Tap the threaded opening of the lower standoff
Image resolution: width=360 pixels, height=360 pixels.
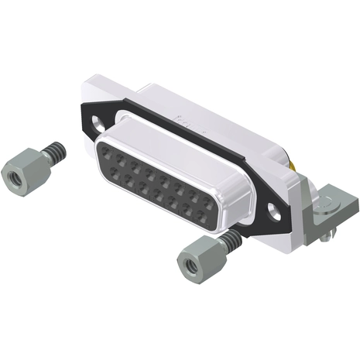pyautogui.click(x=190, y=269)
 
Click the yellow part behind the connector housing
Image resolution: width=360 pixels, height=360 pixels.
pyautogui.click(x=297, y=165)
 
